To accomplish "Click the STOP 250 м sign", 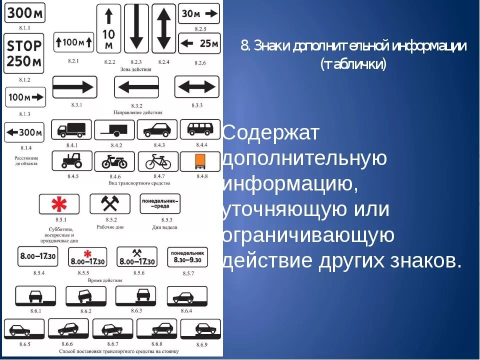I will pyautogui.click(x=24, y=54).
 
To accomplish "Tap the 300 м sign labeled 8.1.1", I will pyautogui.click(x=24, y=12).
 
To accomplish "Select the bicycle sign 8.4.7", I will pyautogui.click(x=158, y=161).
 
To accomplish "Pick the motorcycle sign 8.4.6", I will pyautogui.click(x=114, y=161).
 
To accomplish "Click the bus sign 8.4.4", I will pyautogui.click(x=200, y=129).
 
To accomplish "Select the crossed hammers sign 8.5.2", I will pyautogui.click(x=109, y=204).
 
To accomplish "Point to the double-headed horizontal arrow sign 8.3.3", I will pyautogui.click(x=196, y=87).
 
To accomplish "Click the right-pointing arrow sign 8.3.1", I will pyautogui.click(x=74, y=87).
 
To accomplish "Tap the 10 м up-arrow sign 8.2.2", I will pyautogui.click(x=109, y=28).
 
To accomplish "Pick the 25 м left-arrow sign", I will pyautogui.click(x=199, y=43).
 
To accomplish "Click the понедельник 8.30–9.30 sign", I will pyautogui.click(x=187, y=257).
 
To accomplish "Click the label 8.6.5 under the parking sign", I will pyautogui.click(x=24, y=344).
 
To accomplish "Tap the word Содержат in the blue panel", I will pyautogui.click(x=270, y=133).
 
